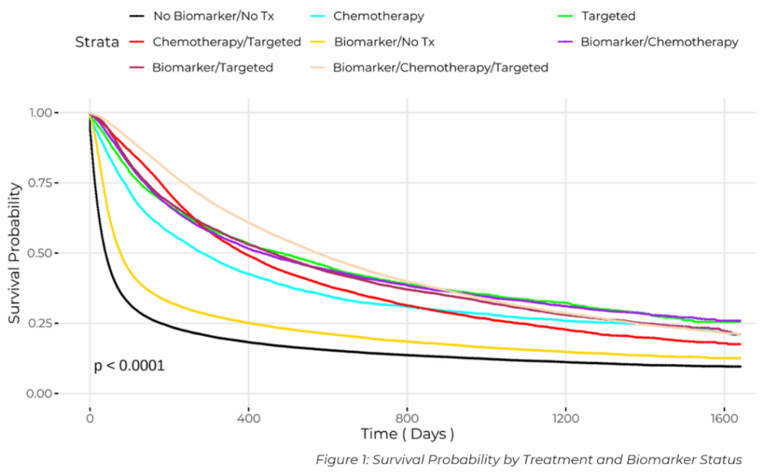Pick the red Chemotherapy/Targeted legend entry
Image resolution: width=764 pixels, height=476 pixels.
click(x=226, y=42)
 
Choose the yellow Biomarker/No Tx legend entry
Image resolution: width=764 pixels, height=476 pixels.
click(x=384, y=42)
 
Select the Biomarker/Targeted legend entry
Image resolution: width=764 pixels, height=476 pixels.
click(x=213, y=68)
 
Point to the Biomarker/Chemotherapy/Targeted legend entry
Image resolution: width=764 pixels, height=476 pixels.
click(x=440, y=68)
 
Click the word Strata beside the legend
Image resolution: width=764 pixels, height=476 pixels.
click(x=97, y=43)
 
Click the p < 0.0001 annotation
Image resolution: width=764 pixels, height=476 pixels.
click(x=129, y=366)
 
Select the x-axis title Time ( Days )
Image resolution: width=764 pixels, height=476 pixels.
click(x=407, y=434)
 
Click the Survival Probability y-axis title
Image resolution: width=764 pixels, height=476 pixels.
click(x=15, y=253)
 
